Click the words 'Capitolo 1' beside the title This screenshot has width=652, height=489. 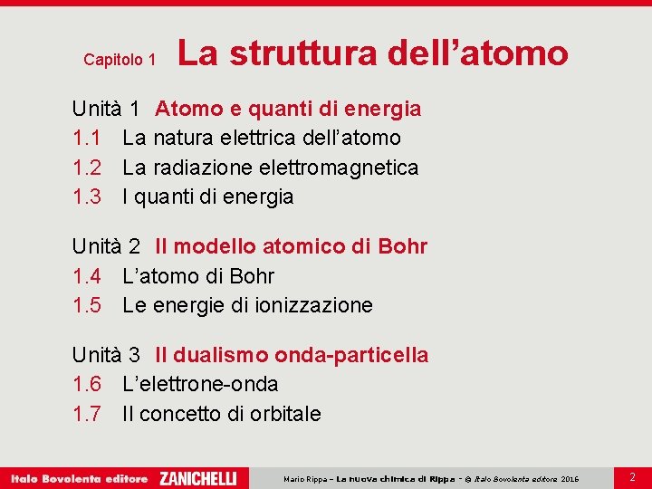click(120, 60)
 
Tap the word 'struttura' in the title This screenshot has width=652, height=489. click(302, 53)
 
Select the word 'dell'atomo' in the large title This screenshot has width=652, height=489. click(477, 53)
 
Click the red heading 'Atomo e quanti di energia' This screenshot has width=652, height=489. click(288, 110)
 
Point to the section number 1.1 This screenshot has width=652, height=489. click(87, 139)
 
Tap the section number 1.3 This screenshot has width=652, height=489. click(87, 197)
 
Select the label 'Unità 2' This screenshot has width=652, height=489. click(106, 246)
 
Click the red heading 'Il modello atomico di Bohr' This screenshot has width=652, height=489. click(291, 246)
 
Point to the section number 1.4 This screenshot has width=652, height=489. click(87, 276)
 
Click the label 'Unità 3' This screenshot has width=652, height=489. click(106, 355)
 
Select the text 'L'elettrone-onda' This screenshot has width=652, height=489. click(200, 384)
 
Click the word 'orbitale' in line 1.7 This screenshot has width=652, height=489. click(283, 414)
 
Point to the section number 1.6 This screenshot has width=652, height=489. click(87, 384)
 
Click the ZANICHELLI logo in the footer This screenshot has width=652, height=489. click(197, 478)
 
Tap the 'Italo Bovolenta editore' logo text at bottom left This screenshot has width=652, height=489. click(79, 478)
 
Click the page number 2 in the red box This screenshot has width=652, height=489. click(632, 476)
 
